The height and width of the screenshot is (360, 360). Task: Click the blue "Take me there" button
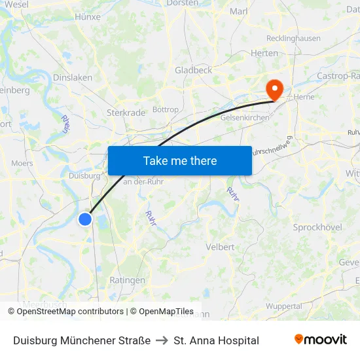pyautogui.click(x=180, y=160)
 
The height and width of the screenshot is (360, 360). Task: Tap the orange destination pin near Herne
pyautogui.click(x=273, y=89)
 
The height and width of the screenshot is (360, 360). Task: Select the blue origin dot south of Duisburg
pyautogui.click(x=85, y=219)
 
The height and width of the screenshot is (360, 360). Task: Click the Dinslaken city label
pyautogui.click(x=72, y=77)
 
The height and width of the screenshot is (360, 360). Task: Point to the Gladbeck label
pyautogui.click(x=193, y=70)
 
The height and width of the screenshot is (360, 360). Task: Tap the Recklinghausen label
pyautogui.click(x=294, y=39)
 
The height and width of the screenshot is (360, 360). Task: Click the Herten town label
pyautogui.click(x=264, y=54)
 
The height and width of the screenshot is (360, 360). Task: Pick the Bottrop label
pyautogui.click(x=165, y=109)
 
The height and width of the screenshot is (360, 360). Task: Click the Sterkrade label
pyautogui.click(x=126, y=113)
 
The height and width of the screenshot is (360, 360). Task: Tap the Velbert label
pyautogui.click(x=220, y=247)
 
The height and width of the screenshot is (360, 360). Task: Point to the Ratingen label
pyautogui.click(x=128, y=280)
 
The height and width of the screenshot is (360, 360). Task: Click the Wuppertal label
pyautogui.click(x=284, y=306)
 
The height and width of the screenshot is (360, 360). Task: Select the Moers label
pyautogui.click(x=22, y=163)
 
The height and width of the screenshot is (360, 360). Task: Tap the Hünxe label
pyautogui.click(x=88, y=16)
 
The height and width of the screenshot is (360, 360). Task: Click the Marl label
pyautogui.click(x=239, y=11)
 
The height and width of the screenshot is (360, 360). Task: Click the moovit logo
pyautogui.click(x=321, y=340)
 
